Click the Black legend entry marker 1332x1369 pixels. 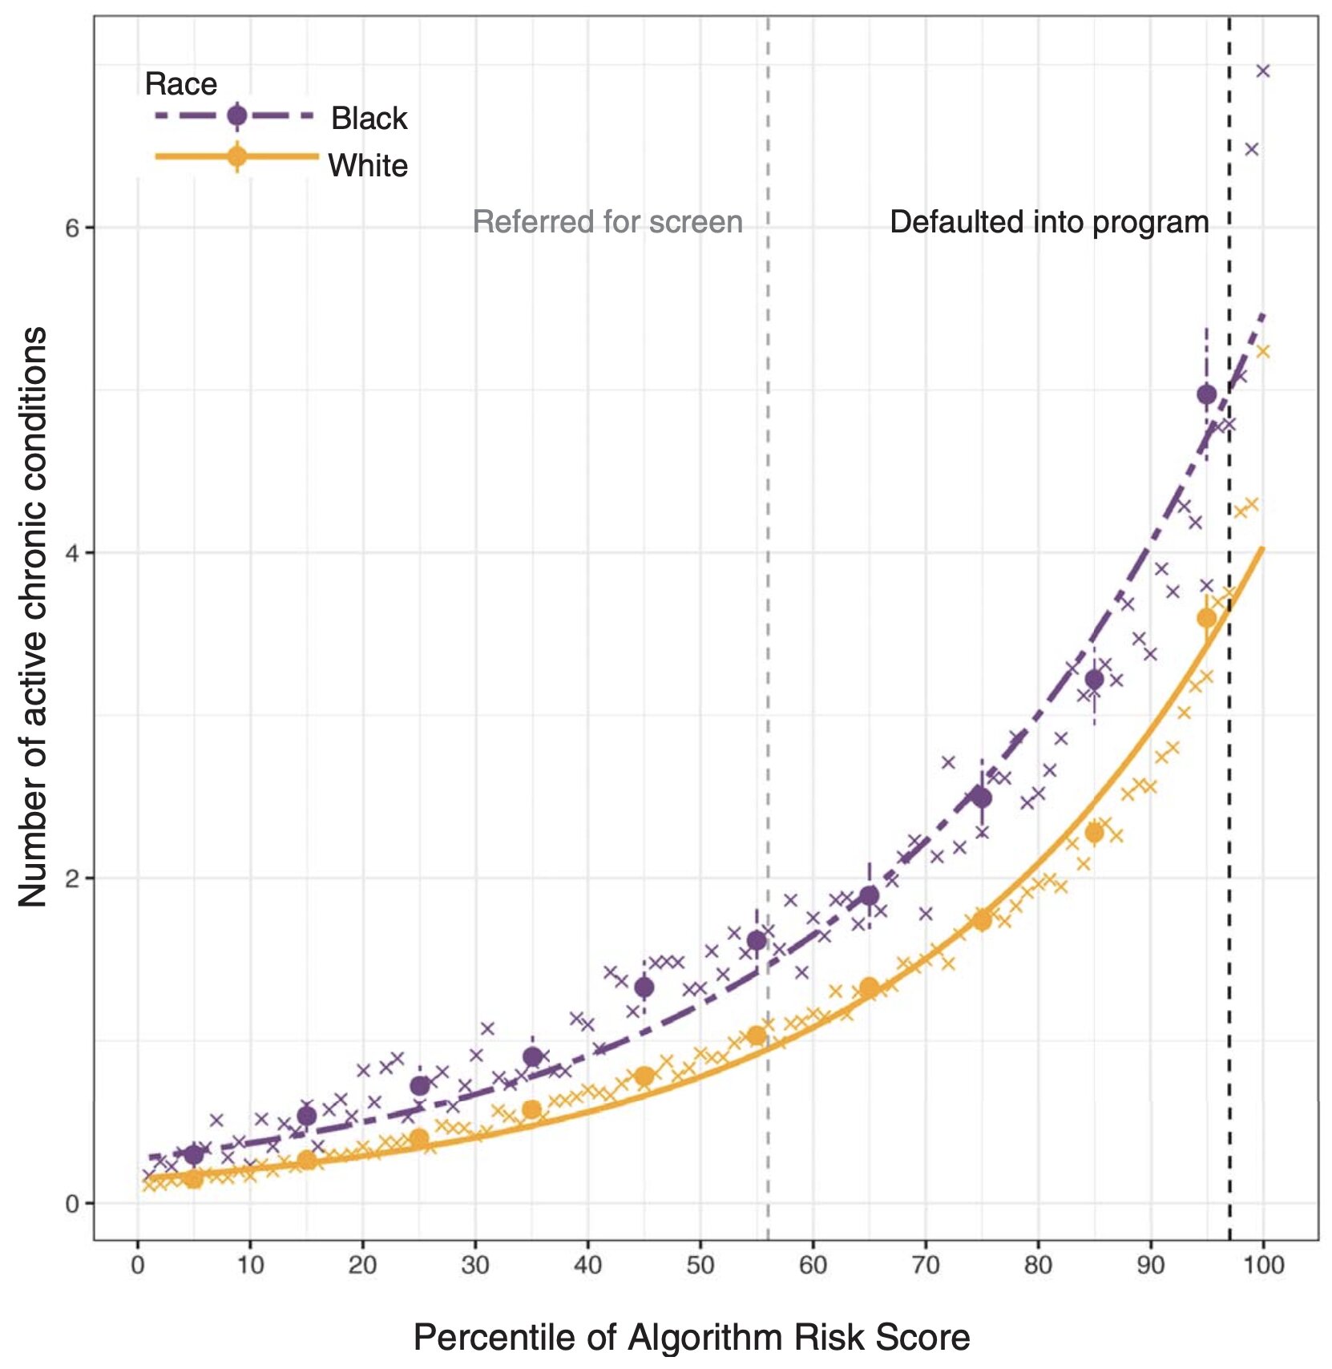(x=236, y=116)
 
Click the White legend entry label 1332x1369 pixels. (x=368, y=166)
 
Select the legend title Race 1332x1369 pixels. (x=180, y=83)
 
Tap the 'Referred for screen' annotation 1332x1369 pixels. (x=607, y=222)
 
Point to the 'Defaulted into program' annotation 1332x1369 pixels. (x=1048, y=222)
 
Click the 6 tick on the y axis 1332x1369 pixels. (x=72, y=228)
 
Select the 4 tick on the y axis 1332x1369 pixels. (x=72, y=553)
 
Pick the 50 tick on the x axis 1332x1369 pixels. (x=700, y=1266)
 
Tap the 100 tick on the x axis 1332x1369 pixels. (x=1263, y=1266)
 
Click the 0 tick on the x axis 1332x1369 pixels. (x=138, y=1266)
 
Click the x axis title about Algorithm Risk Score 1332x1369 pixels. (x=691, y=1337)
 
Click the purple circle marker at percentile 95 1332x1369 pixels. (x=1206, y=394)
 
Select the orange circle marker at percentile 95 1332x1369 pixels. (x=1206, y=618)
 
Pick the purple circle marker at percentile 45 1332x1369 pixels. (x=644, y=987)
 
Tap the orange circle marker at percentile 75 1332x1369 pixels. (x=982, y=920)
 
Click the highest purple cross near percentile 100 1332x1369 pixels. (x=1263, y=71)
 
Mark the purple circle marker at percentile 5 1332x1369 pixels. (x=194, y=1154)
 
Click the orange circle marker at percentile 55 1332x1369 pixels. (x=757, y=1036)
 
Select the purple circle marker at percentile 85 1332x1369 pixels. (x=1094, y=680)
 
